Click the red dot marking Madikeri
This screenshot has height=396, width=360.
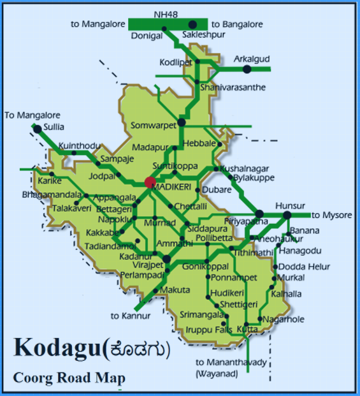150,182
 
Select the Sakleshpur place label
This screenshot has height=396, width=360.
204,34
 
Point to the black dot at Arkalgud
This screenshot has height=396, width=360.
247,68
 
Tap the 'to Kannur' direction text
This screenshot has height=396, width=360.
131,316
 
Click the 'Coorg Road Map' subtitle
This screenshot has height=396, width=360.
69,378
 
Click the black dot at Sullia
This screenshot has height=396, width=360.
37,129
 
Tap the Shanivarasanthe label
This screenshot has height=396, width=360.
232,87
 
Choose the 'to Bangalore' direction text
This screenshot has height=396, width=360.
236,24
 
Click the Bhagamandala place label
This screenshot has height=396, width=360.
52,194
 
